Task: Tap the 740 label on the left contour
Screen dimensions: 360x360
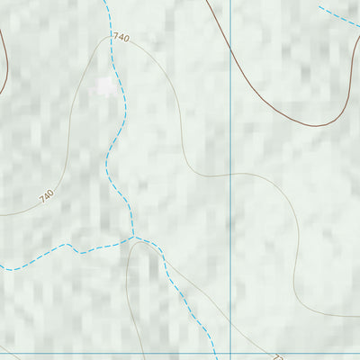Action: [47, 195]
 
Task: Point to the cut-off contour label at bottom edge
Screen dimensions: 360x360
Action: [278, 356]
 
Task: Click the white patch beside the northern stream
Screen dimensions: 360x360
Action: [107, 86]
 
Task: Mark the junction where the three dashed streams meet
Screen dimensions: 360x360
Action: [134, 238]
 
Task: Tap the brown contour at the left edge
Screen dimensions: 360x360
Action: [4, 67]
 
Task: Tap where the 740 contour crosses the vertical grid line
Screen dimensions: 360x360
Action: [231, 175]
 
